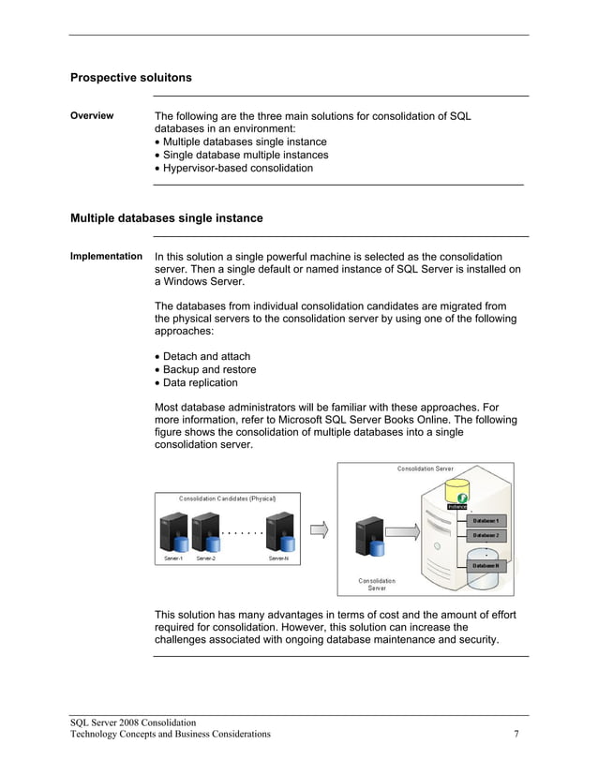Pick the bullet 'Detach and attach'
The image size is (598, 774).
pos(206,356)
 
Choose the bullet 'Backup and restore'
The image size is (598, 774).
pos(209,369)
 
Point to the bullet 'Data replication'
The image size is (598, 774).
pos(200,382)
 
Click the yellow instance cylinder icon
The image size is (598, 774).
pos(458,492)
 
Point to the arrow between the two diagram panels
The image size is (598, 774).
pos(320,530)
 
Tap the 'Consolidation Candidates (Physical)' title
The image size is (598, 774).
pos(228,499)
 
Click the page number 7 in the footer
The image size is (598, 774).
pos(516,734)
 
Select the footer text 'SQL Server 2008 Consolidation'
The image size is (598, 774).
pos(133,722)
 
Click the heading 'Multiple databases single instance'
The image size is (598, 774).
pos(166,218)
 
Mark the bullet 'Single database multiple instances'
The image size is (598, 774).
pos(246,156)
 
